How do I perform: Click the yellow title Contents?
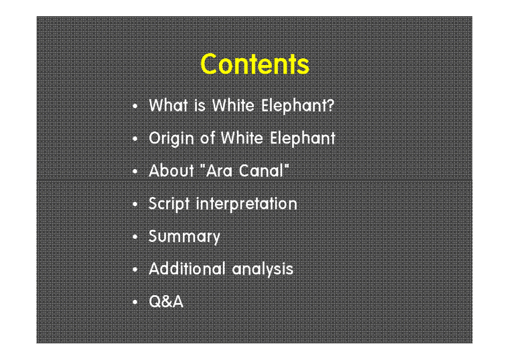[254, 64]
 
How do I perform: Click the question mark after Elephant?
[329, 105]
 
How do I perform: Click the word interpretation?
[246, 204]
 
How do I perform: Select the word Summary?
[184, 237]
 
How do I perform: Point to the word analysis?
[263, 269]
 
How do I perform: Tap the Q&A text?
[165, 302]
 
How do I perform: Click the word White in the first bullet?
[230, 105]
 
